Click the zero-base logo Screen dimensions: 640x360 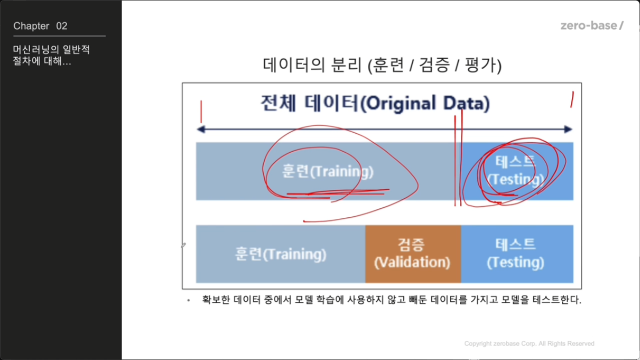click(x=592, y=26)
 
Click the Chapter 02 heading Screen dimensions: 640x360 click(x=40, y=26)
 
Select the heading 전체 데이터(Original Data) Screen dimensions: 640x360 click(x=375, y=103)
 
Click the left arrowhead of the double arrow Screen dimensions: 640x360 click(x=201, y=129)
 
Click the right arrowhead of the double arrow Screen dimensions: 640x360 click(x=568, y=129)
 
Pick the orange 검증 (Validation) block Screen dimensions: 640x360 click(x=413, y=254)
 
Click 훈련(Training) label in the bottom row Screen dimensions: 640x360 click(x=280, y=254)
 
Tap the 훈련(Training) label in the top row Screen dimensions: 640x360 click(x=328, y=171)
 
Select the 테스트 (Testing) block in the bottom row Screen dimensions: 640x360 click(x=517, y=254)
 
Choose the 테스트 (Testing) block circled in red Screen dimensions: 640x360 click(x=517, y=171)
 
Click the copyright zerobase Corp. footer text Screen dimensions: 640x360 click(x=529, y=344)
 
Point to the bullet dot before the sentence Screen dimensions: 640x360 click(x=188, y=300)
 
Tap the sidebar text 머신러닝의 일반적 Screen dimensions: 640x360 click(x=51, y=50)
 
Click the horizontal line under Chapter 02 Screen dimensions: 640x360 click(x=59, y=36)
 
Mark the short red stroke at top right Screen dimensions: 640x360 click(x=572, y=99)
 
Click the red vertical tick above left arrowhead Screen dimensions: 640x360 click(x=201, y=112)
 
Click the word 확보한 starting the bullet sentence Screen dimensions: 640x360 click(x=216, y=300)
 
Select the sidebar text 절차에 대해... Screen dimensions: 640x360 click(x=42, y=61)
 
